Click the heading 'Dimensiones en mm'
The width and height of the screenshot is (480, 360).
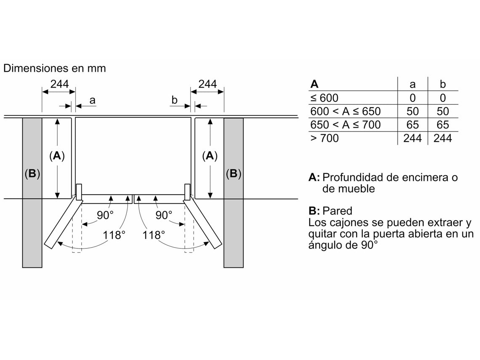54,68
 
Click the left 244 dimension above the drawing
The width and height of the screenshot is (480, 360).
59,84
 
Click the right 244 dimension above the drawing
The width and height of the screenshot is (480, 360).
207,84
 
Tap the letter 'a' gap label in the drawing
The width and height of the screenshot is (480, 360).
93,100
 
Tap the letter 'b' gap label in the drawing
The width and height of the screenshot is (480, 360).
174,100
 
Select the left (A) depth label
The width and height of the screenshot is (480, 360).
57,156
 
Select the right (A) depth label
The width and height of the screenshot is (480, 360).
210,156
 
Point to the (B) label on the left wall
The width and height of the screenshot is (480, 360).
32,173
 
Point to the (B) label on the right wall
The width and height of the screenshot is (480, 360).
233,173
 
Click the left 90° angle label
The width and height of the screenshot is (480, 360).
105,215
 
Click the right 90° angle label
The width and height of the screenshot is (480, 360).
164,215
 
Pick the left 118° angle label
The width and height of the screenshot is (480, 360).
115,235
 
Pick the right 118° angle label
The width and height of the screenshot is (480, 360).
154,235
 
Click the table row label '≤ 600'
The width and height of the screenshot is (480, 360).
324,98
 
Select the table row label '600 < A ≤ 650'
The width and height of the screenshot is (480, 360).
345,112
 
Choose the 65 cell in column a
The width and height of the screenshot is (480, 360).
412,125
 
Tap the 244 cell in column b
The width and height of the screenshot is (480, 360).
443,138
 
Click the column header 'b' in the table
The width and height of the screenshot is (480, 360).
443,84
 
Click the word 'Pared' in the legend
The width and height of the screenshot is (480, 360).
337,211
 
